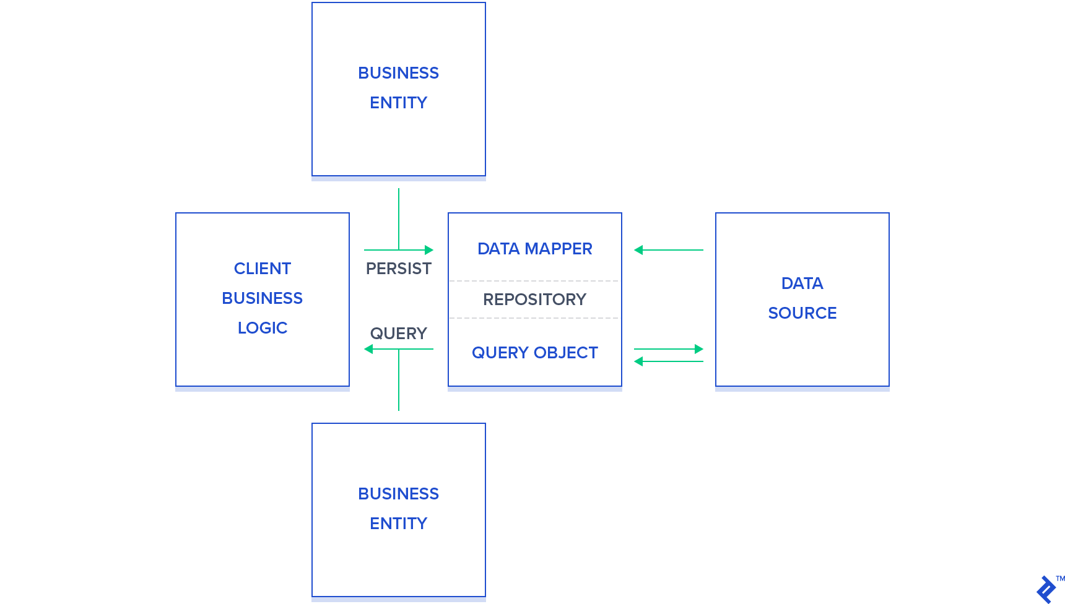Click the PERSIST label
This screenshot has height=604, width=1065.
398,269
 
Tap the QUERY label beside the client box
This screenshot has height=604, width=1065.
398,334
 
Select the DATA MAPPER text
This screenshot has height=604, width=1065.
534,249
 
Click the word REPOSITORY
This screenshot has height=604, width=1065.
534,300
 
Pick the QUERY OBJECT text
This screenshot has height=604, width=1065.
534,353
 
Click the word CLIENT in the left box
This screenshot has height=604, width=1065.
262,269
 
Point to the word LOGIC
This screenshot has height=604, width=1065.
262,328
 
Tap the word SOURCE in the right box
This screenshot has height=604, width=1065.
802,313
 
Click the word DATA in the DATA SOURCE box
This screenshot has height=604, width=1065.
802,283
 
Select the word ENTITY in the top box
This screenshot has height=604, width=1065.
398,103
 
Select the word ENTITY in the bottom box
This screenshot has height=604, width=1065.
398,524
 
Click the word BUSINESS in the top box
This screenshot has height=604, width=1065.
398,73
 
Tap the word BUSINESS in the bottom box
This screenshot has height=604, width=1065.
398,494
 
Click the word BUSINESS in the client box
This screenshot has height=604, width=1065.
262,298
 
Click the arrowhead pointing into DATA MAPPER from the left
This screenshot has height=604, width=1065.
429,250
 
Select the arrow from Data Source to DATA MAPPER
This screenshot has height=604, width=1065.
669,250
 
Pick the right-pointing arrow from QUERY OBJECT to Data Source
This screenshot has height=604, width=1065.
669,349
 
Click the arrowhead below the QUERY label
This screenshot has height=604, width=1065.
369,349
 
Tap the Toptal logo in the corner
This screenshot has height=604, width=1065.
1047,589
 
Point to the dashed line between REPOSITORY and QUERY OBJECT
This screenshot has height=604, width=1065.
534,318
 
